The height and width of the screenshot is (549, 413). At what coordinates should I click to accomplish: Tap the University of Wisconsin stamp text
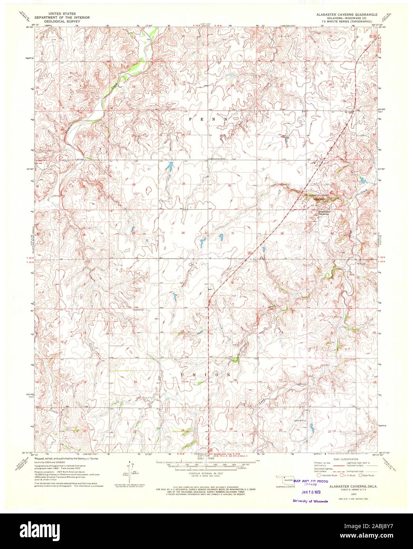(310, 501)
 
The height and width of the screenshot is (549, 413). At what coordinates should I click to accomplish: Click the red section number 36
(183, 233)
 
